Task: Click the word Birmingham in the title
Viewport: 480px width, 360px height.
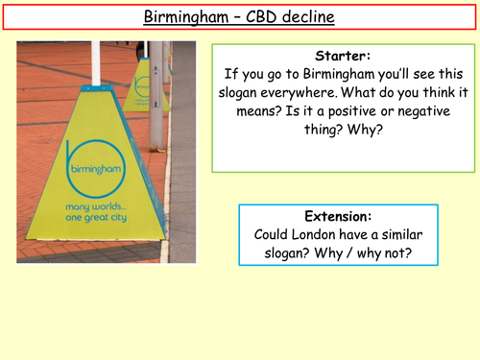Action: [x=189, y=16]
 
